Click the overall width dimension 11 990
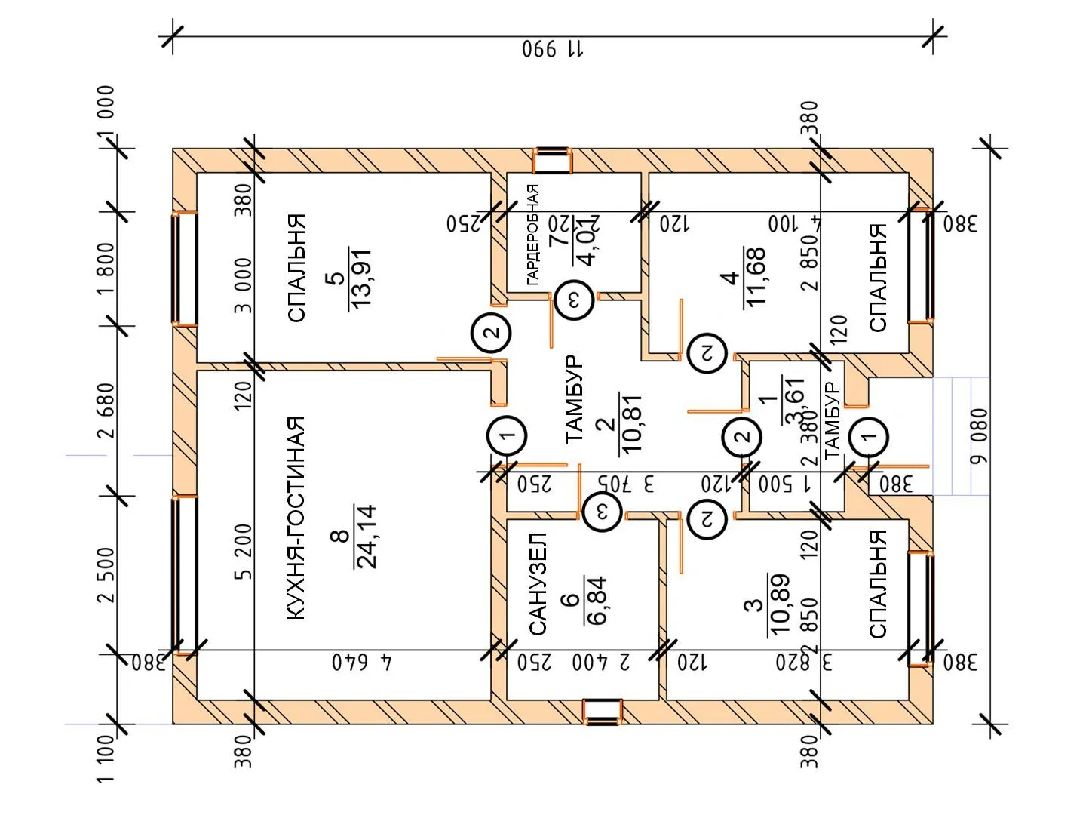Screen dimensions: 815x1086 tap(553, 50)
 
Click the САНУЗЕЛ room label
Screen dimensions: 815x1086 tap(537, 584)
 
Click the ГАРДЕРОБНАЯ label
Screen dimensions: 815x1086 tap(532, 234)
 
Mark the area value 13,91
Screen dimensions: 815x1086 tap(361, 278)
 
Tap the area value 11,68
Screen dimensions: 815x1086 tap(754, 276)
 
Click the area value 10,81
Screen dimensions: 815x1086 tap(630, 423)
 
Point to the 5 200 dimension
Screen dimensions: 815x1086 tap(243, 551)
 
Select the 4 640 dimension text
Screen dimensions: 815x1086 tap(363, 663)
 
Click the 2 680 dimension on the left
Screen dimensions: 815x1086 tap(106, 411)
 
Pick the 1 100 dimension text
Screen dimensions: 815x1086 tap(106, 758)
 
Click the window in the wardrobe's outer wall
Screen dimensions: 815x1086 tap(552, 161)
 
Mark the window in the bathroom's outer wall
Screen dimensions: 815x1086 tap(603, 712)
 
